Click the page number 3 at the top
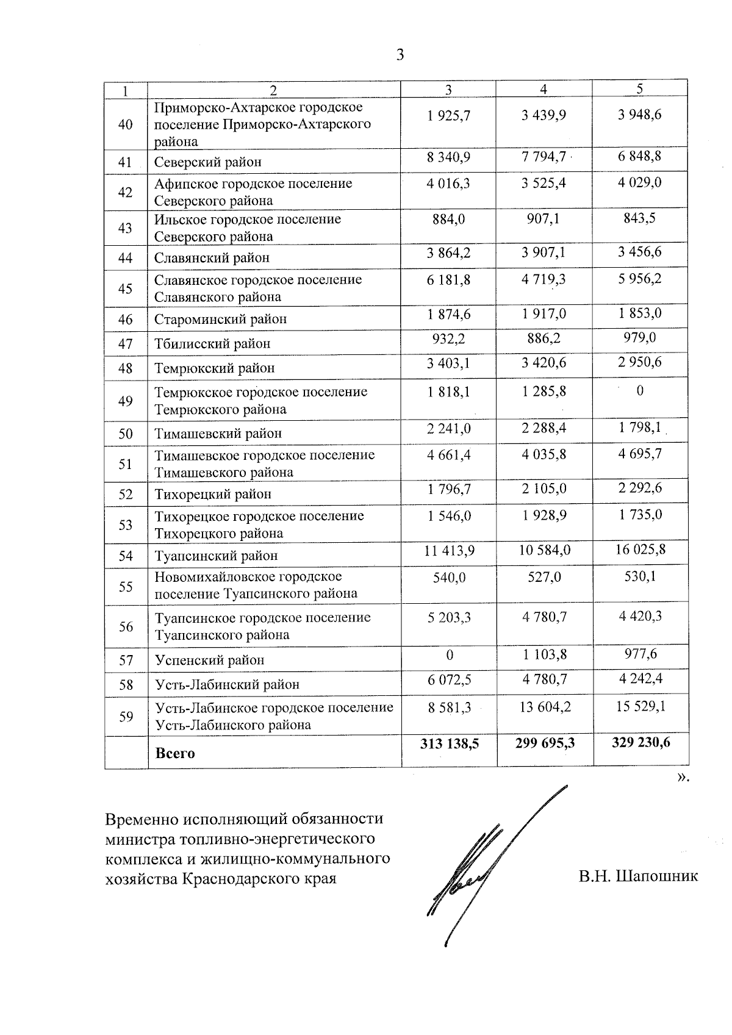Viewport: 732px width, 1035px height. click(400, 56)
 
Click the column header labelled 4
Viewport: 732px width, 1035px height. click(544, 89)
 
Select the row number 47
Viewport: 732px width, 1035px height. click(125, 343)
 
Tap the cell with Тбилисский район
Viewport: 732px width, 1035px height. click(212, 343)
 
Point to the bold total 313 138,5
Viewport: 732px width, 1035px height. click(449, 743)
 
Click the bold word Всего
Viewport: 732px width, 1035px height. click(175, 753)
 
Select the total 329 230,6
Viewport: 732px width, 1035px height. click(640, 742)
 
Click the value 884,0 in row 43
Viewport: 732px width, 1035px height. click(449, 218)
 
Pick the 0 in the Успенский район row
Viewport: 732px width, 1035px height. click(450, 655)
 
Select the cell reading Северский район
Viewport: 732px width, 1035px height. click(207, 162)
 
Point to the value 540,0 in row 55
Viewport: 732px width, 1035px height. click(449, 577)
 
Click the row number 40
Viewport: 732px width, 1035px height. click(125, 124)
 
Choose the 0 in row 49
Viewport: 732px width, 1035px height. click(640, 391)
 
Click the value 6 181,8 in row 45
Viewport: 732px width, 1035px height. click(449, 280)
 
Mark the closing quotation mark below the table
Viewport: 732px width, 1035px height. click(684, 778)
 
